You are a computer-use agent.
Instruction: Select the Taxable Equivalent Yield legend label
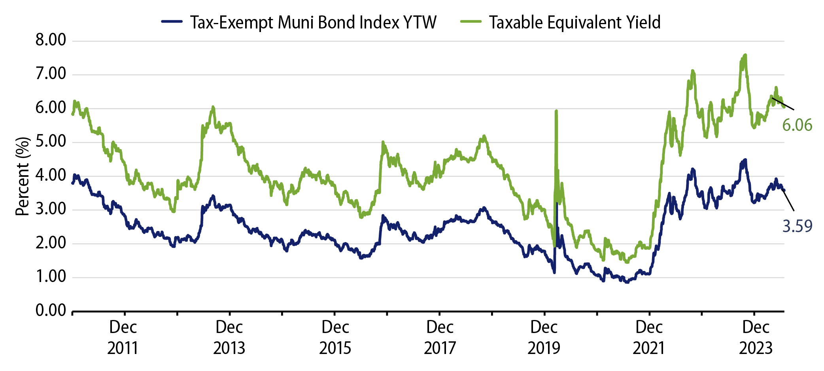(575, 23)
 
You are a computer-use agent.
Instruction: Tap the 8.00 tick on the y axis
(51, 40)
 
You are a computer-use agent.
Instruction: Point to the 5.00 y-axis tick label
(51, 142)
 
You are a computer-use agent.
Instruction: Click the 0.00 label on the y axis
(51, 310)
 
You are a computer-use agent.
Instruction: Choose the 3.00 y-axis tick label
(51, 209)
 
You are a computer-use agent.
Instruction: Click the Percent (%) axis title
(23, 176)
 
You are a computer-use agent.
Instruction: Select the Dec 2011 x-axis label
(123, 337)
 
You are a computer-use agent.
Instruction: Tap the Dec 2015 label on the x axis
(335, 337)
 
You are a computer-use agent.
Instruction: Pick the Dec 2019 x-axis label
(544, 337)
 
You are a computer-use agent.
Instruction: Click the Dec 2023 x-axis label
(756, 337)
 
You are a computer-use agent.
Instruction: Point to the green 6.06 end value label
(797, 125)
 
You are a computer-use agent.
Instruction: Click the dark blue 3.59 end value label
(797, 226)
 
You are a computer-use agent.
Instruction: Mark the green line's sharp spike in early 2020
(556, 112)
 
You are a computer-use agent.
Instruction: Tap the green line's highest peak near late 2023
(745, 55)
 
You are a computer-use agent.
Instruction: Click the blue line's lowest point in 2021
(627, 282)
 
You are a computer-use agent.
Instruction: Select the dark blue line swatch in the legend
(172, 22)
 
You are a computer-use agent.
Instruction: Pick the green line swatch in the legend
(471, 22)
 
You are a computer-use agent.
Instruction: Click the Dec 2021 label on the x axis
(649, 337)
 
